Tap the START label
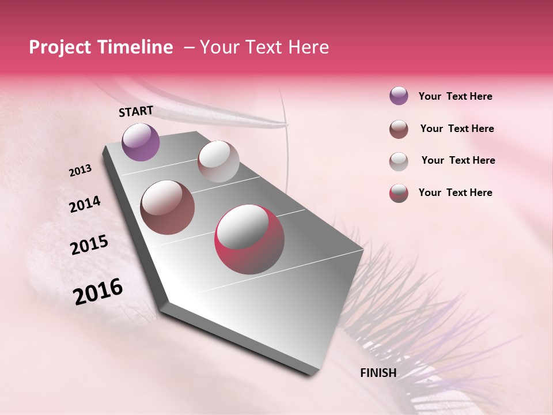[136, 111]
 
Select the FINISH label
[378, 373]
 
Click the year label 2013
[81, 171]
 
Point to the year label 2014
[85, 205]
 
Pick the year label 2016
[98, 292]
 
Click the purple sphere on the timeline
[141, 142]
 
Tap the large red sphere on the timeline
[249, 239]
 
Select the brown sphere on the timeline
[168, 207]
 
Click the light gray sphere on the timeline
[218, 161]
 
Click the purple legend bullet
[399, 96]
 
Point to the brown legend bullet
[399, 129]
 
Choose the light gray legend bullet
[399, 161]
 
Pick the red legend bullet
[399, 193]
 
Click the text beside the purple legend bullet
[455, 97]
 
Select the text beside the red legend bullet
[455, 193]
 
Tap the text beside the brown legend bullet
[457, 129]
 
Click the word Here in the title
[308, 47]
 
